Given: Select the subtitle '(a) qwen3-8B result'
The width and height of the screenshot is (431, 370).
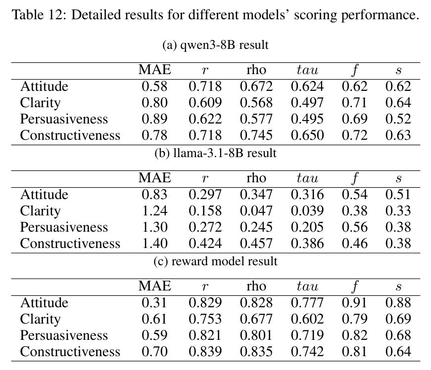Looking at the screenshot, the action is tap(216, 45).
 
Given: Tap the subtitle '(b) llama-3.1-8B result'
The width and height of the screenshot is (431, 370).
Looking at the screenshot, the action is tap(216, 153).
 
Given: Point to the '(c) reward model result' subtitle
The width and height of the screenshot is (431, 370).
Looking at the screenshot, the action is tap(216, 261).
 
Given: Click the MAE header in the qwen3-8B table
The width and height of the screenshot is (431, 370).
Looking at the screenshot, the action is tap(154, 70).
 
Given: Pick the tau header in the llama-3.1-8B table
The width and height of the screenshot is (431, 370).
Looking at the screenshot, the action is tap(307, 178).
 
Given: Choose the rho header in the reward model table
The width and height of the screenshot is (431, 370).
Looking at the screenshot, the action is tap(256, 286).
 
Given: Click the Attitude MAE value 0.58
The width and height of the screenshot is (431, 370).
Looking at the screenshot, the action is tap(154, 86).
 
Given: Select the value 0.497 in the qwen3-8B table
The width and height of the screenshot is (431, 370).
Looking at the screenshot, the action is tap(307, 102).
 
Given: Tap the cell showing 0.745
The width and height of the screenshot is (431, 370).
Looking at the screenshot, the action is tap(256, 135).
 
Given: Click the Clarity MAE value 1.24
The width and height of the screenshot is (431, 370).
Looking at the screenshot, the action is tap(154, 210).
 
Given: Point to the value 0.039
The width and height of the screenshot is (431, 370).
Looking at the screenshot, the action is tap(307, 210).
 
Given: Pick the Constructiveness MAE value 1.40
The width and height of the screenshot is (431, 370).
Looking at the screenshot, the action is tap(154, 243).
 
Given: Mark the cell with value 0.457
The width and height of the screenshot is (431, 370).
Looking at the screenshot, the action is tap(256, 243).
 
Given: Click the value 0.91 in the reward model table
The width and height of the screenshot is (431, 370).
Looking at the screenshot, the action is tap(355, 302).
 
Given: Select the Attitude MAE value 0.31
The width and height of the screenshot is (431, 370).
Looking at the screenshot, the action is tap(154, 302).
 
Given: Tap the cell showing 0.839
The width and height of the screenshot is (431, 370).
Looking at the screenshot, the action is tap(205, 351).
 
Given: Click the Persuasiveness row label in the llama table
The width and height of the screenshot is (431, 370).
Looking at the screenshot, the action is tap(64, 227).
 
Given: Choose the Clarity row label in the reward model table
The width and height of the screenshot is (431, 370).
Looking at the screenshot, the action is tap(40, 319).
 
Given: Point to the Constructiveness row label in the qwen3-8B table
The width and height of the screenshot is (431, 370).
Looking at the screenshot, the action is tap(70, 135).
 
